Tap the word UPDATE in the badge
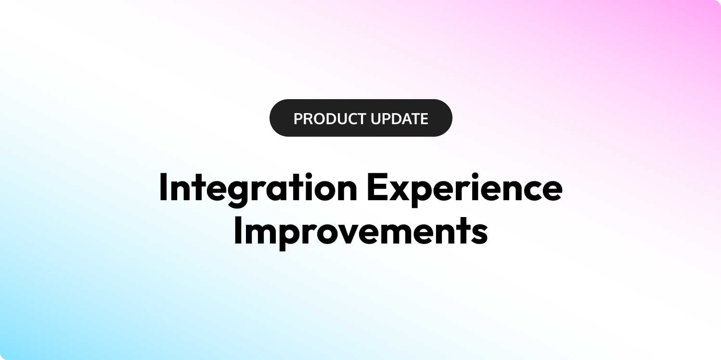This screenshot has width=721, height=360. pos(399,119)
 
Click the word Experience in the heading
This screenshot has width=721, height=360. pos(465,189)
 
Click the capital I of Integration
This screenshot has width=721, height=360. pos(163,187)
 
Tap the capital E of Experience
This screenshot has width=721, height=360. pos(376,187)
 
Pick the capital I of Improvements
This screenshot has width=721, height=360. pos(238,230)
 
